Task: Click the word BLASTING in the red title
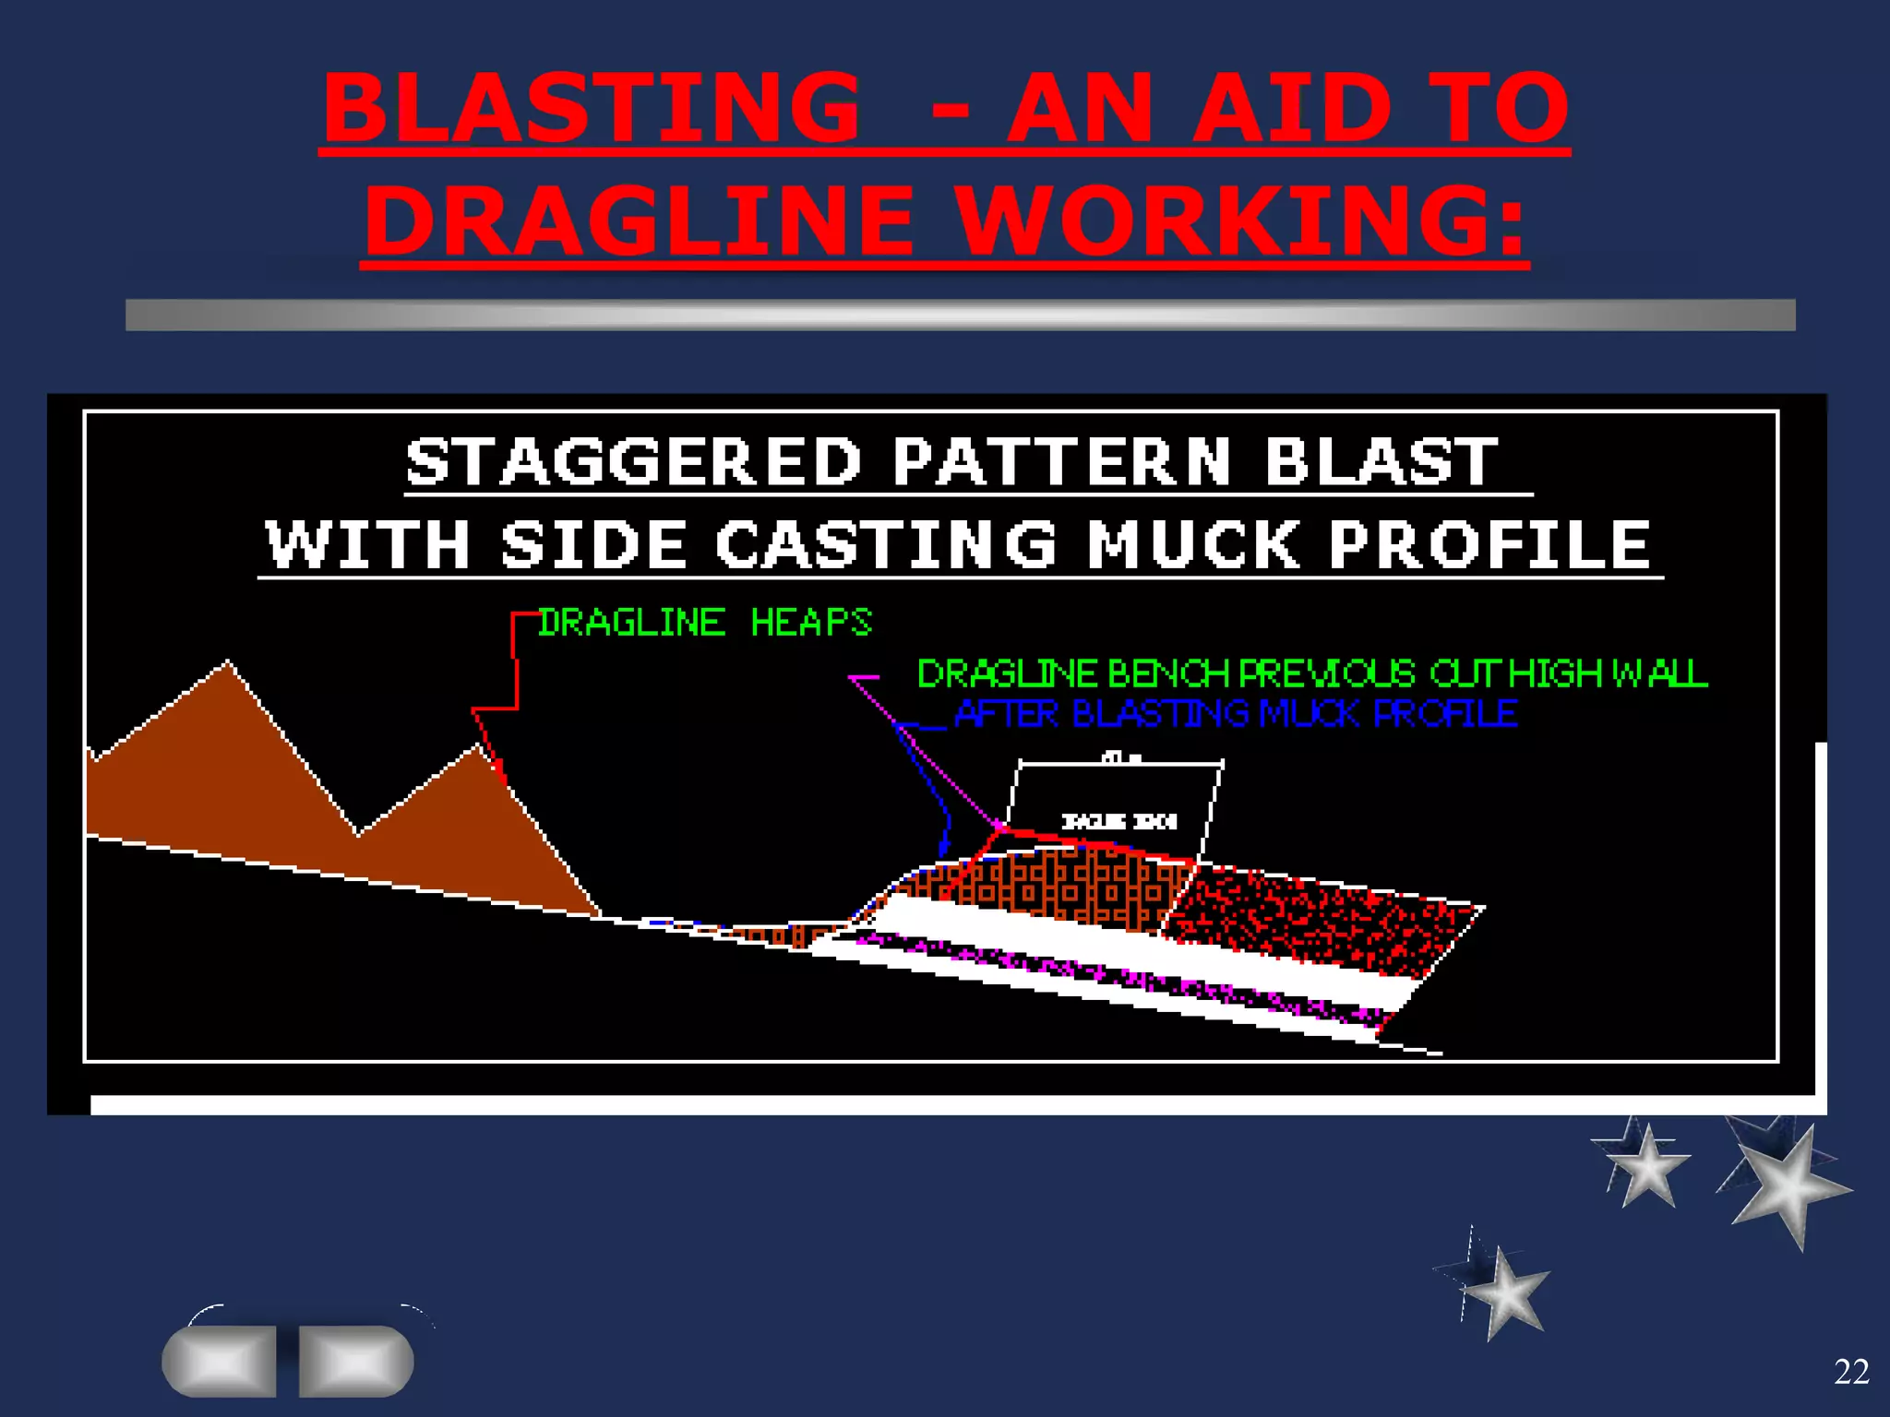(x=591, y=108)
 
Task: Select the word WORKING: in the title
(x=1241, y=221)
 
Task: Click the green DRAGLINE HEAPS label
(x=705, y=623)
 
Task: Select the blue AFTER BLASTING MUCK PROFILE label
(x=1236, y=714)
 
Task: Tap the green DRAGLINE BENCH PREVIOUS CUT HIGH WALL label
(x=1311, y=674)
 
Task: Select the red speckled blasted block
(x=1320, y=918)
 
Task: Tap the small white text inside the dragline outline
(x=1118, y=821)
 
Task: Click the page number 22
(x=1851, y=1372)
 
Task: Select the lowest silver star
(x=1504, y=1292)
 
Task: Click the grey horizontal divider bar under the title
(x=960, y=315)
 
